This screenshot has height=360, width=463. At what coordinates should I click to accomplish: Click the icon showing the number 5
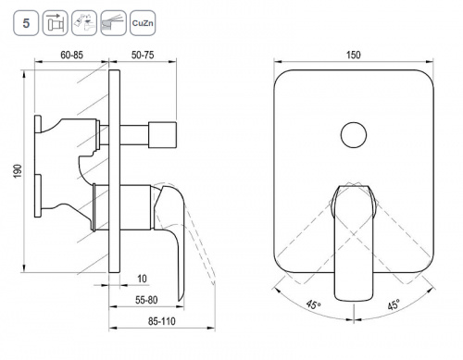26,23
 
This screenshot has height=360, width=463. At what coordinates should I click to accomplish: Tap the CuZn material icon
143,23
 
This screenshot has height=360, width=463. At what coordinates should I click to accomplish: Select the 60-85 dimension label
71,55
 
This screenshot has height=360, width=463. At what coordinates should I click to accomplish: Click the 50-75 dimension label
143,55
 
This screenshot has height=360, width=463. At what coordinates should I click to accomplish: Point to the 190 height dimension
18,171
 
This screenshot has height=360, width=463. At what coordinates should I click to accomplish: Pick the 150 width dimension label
354,55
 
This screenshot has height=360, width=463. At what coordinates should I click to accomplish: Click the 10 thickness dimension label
142,279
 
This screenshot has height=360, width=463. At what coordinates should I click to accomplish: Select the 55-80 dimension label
146,300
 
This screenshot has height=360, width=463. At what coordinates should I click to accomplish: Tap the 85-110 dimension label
162,321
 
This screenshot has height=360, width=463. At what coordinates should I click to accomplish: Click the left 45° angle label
314,304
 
